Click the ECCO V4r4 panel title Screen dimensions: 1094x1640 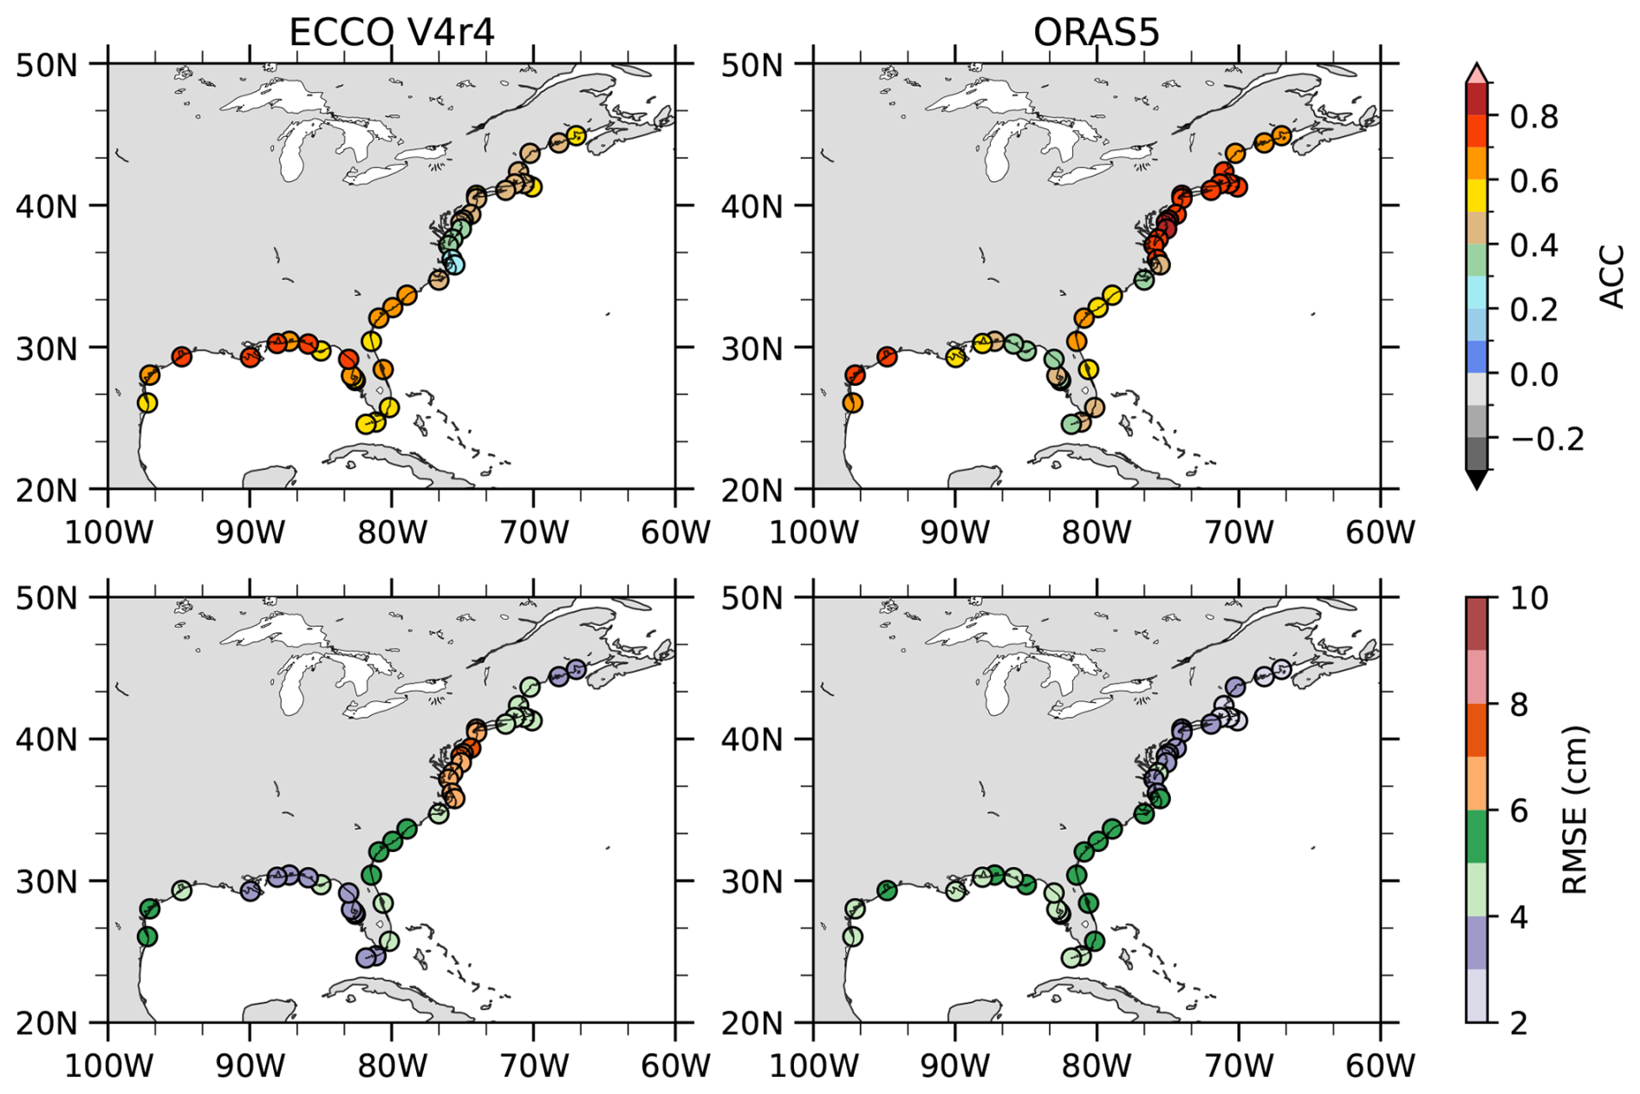coord(391,33)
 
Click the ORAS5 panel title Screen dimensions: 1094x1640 coord(1096,33)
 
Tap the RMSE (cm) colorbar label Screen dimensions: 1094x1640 coord(1573,810)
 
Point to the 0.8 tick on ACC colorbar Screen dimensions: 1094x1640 coord(1533,116)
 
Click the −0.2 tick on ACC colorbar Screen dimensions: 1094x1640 coord(1547,439)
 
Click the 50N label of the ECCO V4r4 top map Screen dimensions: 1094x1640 coord(47,64)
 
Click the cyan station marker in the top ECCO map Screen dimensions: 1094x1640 coord(453,264)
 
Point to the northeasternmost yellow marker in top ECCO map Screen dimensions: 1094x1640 coord(576,136)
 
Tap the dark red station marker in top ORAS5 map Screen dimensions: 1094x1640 coord(1166,228)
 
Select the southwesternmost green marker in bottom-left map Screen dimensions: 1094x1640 coord(146,936)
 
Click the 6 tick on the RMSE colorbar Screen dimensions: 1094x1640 coord(1519,811)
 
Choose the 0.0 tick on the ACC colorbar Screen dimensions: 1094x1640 coord(1533,374)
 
